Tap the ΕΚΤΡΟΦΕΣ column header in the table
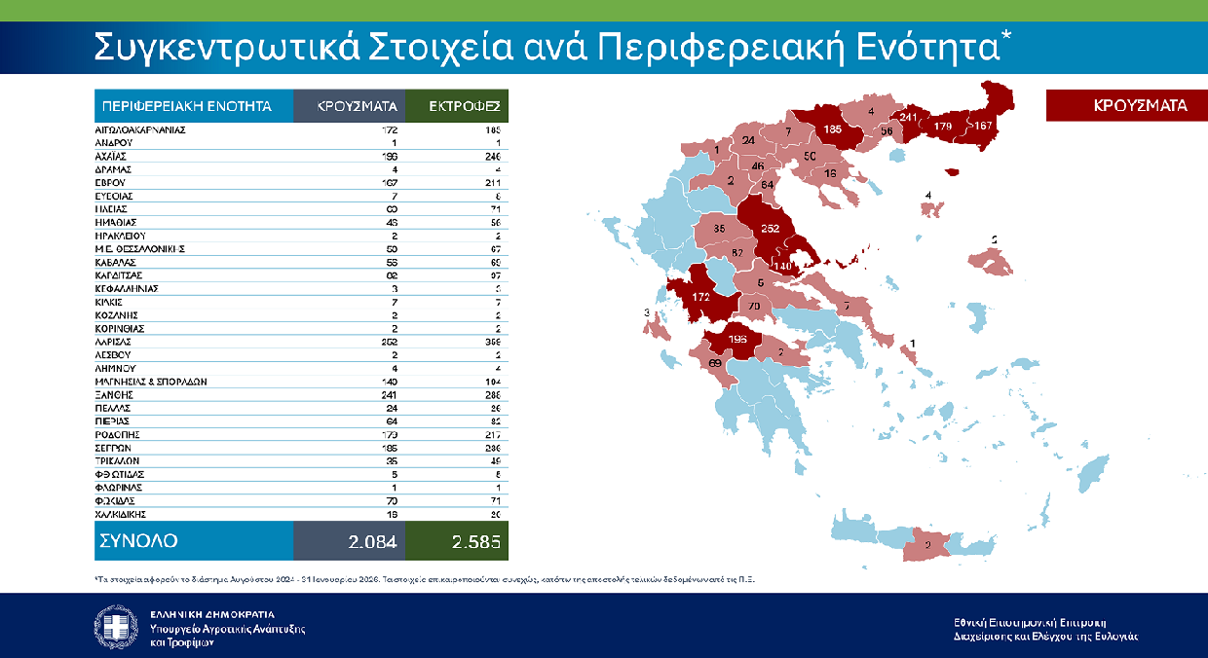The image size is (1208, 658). pyautogui.click(x=457, y=106)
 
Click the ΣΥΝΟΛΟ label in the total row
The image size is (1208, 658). pyautogui.click(x=136, y=540)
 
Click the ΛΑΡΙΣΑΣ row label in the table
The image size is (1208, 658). pyautogui.click(x=112, y=343)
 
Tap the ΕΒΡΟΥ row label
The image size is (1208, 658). pyautogui.click(x=109, y=182)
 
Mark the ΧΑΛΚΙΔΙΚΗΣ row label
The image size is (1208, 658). pyautogui.click(x=122, y=514)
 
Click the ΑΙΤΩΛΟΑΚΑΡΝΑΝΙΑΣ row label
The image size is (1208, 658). pyautogui.click(x=139, y=129)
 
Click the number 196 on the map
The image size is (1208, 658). pyautogui.click(x=738, y=339)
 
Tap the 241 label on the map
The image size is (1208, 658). pyautogui.click(x=909, y=119)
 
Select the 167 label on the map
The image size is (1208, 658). pyautogui.click(x=982, y=126)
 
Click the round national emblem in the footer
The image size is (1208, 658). pyautogui.click(x=116, y=627)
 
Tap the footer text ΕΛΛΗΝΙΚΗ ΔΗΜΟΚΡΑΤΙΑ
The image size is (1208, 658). pyautogui.click(x=212, y=614)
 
